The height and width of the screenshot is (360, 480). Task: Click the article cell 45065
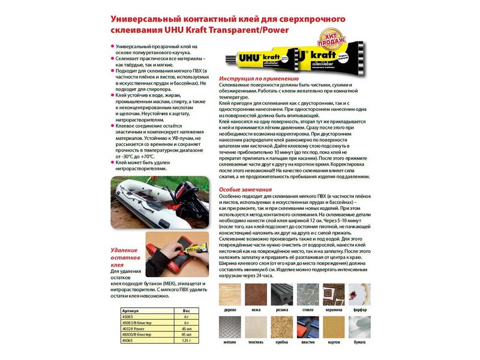click(127, 340)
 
